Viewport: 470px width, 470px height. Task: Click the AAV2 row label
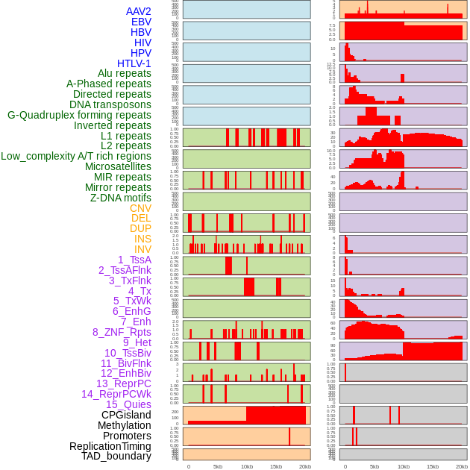(138, 11)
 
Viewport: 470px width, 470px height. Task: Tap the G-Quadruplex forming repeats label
(79, 115)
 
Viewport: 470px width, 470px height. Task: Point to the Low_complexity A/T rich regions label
(76, 156)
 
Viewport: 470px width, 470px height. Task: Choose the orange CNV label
(140, 208)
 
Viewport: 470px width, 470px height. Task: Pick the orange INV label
(142, 249)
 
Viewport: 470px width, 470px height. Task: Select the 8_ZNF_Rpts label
(122, 332)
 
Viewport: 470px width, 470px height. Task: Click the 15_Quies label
(128, 404)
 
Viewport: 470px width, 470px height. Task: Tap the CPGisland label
(126, 415)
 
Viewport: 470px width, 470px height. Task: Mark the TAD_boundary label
(116, 456)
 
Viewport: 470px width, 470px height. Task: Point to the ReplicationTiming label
(110, 446)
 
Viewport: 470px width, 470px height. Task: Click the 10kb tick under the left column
(246, 466)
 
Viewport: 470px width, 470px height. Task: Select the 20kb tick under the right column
(462, 466)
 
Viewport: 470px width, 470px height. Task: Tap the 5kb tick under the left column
(218, 466)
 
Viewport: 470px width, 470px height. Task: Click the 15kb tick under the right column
(432, 466)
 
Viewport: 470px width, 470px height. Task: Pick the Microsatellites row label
(118, 166)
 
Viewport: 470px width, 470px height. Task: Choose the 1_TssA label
(134, 260)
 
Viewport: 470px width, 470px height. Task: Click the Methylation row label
(119, 425)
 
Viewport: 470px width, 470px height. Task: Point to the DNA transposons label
(110, 104)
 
